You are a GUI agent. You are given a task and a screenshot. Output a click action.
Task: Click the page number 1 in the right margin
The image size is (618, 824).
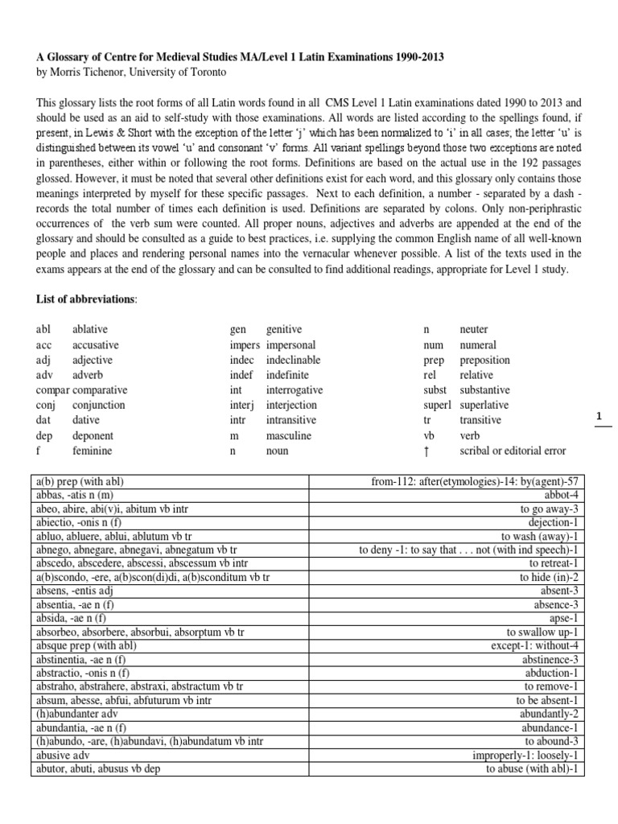point(599,416)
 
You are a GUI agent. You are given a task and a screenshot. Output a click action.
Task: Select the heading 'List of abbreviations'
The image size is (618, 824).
point(87,299)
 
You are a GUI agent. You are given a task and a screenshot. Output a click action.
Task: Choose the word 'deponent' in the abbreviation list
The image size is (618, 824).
point(94,435)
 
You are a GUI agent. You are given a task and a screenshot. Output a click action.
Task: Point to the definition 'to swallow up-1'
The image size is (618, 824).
point(544,632)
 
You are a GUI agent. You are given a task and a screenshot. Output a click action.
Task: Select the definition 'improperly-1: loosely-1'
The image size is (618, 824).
point(528,755)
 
